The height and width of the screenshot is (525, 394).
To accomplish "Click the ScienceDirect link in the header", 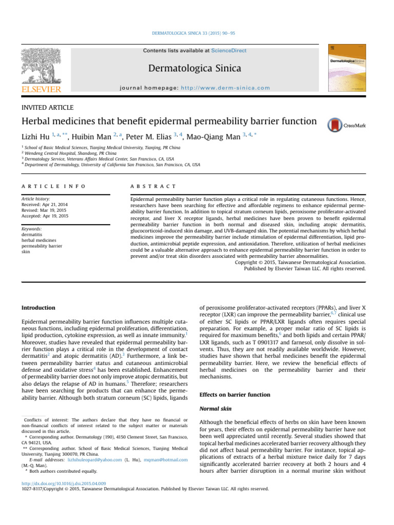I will pyautogui.click(x=228, y=51).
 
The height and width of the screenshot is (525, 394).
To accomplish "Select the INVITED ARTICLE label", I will pyautogui.click(x=47, y=107).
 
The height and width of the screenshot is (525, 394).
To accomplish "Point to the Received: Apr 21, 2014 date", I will pyautogui.click(x=45, y=204).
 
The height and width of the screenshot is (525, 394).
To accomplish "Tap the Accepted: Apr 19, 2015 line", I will pyautogui.click(x=45, y=216).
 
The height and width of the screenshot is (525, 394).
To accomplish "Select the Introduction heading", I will pyautogui.click(x=38, y=308).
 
